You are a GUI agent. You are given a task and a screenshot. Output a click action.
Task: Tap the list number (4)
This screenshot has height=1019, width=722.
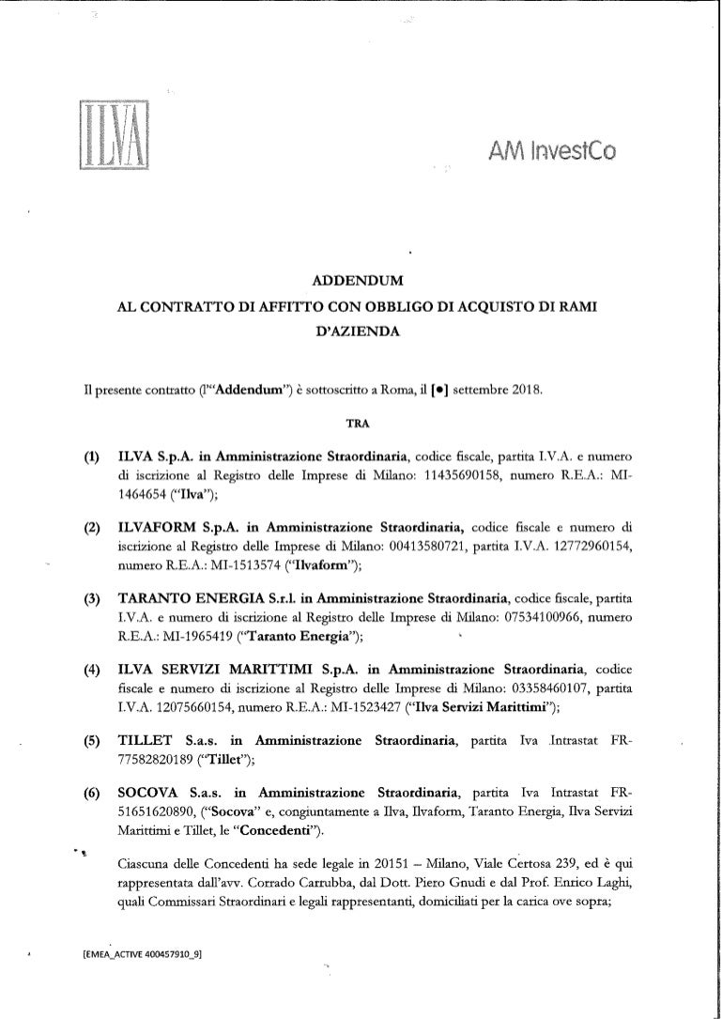click(93, 668)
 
